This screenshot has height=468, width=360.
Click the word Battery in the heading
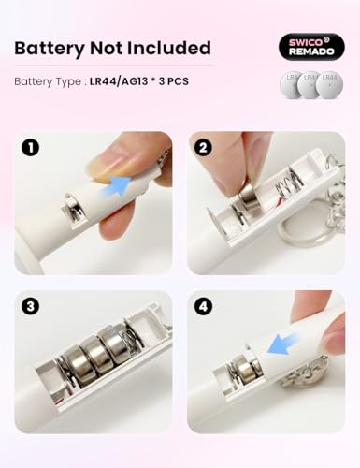point(50,49)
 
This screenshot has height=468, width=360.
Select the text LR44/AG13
point(119,81)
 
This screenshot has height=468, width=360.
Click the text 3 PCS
point(174,81)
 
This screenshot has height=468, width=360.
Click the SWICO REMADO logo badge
point(311,47)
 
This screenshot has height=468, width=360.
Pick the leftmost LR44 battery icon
point(290,85)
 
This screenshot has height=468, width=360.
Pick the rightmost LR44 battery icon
point(331,85)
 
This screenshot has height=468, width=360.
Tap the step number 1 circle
point(31,147)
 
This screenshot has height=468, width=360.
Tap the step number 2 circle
point(203,147)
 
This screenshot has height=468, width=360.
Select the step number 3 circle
point(31,306)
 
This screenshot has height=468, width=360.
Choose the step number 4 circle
point(203,306)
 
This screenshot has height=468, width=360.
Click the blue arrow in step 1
point(116,186)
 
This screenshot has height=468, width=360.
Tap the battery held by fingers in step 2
point(250,197)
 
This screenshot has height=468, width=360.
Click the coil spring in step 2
point(288,185)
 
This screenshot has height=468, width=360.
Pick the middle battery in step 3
point(93,357)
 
